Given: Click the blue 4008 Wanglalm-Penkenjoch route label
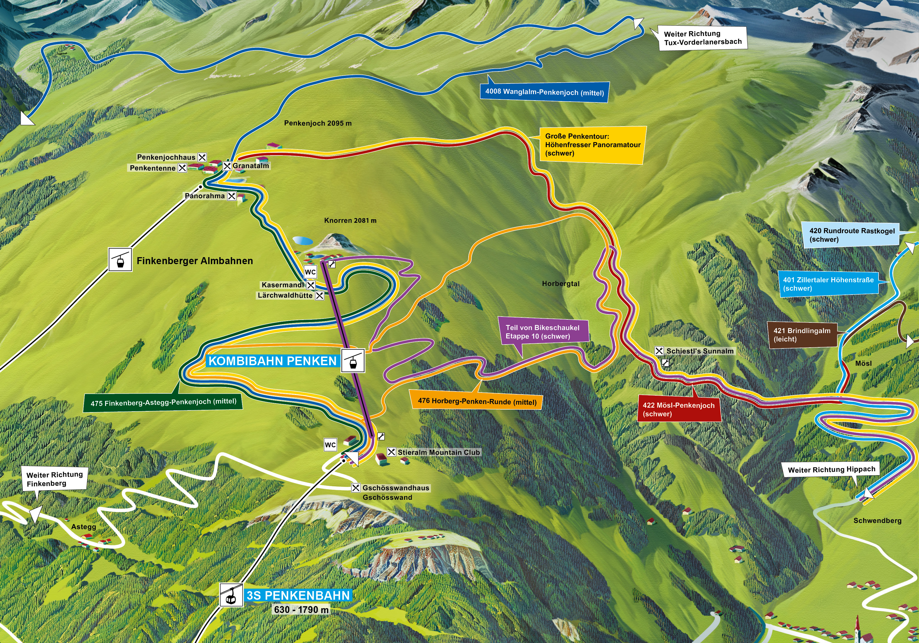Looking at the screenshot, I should tap(544, 92).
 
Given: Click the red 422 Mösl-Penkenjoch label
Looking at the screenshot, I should tap(679, 409).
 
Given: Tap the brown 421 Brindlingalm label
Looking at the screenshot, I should tap(802, 334).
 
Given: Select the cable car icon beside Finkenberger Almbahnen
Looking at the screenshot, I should tap(120, 260).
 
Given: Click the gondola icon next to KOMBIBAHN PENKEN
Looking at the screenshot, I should tap(353, 360).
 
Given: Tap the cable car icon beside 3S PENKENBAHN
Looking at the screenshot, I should tap(231, 595).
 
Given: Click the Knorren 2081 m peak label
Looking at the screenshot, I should tap(350, 220).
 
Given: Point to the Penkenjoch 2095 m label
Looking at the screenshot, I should tap(318, 123).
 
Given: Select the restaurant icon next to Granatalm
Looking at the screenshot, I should tap(227, 166).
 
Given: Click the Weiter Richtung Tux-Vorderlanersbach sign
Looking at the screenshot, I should tap(703, 38).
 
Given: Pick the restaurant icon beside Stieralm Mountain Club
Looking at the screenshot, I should tap(391, 452).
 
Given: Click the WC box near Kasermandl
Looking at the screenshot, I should tap(310, 272).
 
